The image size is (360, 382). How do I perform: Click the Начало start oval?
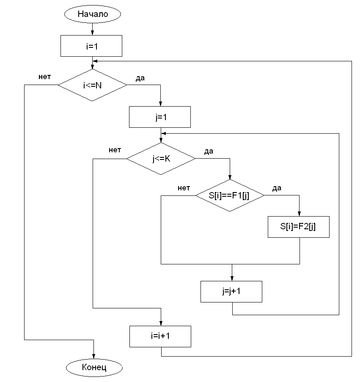tap(92, 14)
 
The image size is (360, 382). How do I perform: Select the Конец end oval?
tap(93, 367)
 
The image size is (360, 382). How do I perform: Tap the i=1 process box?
tap(92, 46)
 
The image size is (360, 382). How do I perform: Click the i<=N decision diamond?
tap(92, 85)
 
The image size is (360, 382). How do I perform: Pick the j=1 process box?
tap(159, 117)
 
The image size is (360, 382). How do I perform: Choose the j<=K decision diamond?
tap(161, 159)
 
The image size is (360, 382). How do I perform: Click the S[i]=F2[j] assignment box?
tap(299, 226)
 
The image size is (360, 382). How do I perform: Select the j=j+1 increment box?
tap(231, 291)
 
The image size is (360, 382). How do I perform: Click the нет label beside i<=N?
tap(44, 77)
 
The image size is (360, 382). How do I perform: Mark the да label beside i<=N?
tap(140, 78)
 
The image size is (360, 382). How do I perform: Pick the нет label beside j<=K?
tap(115, 150)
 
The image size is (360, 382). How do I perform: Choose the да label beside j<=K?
tap(209, 151)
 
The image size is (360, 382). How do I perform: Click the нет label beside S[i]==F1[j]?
tap(184, 188)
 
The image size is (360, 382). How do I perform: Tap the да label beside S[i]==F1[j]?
tap(277, 188)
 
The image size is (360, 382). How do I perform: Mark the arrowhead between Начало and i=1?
tap(92, 33)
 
